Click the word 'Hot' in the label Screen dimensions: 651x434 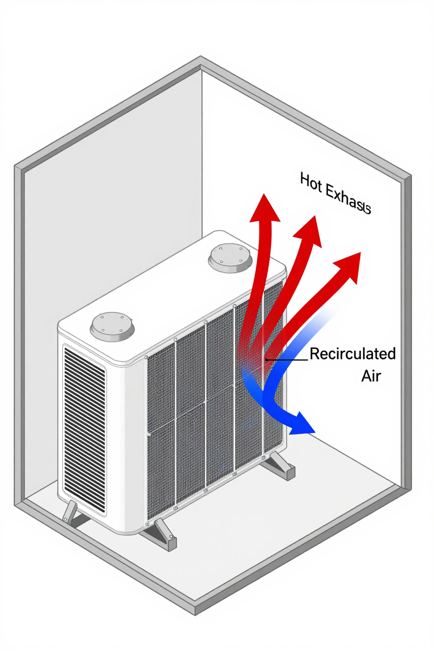pos(311,183)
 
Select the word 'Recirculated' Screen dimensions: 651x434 pos(353,354)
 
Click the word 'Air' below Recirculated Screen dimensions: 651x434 pos(371,376)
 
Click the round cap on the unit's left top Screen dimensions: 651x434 pos(112,325)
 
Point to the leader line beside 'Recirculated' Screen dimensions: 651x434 pos(287,360)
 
